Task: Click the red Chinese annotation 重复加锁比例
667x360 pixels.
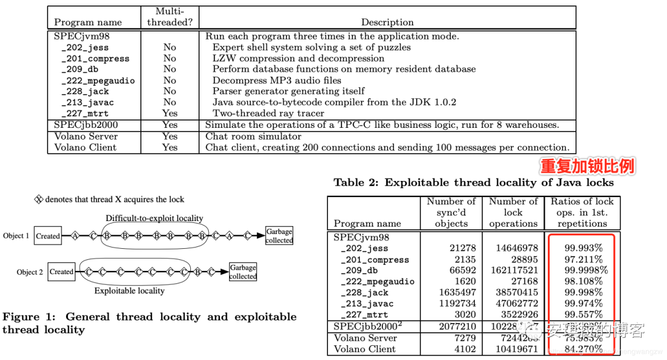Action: [587, 166]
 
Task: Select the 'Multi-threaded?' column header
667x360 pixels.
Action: [170, 17]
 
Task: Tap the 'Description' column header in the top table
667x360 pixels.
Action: [387, 22]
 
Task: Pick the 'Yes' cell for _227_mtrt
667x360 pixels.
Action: [170, 113]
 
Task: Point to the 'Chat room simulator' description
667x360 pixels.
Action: [250, 136]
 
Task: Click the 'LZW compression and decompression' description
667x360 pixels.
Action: [298, 58]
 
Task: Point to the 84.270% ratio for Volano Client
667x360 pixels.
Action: [583, 350]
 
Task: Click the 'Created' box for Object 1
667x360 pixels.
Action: [48, 236]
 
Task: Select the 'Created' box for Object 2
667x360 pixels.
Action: [62, 272]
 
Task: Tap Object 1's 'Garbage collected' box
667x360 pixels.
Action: [279, 236]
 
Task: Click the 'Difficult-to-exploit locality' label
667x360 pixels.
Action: [154, 218]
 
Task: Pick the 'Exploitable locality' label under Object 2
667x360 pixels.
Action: [129, 290]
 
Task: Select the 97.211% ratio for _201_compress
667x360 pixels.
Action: [583, 259]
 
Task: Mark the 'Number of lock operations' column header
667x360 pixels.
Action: [513, 212]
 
